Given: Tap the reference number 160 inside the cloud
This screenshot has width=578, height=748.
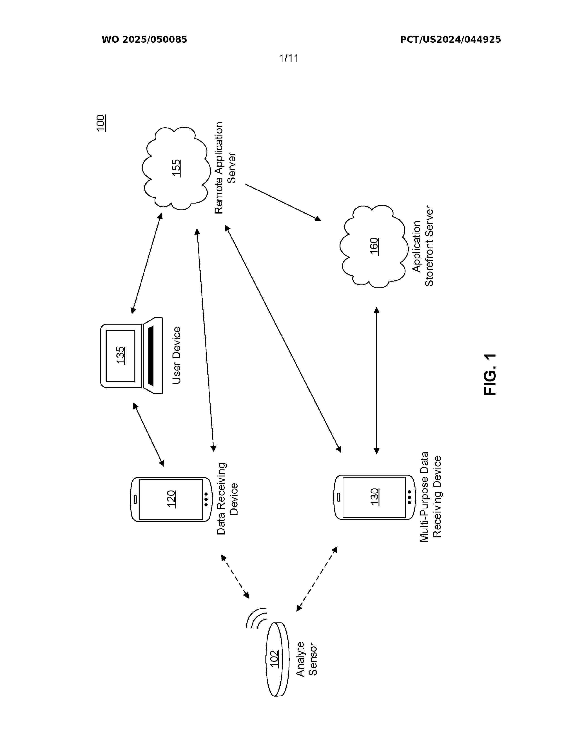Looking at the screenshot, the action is (374, 246).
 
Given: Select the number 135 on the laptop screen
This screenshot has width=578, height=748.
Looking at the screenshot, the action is (121, 355).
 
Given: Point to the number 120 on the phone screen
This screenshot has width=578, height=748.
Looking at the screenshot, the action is (171, 499).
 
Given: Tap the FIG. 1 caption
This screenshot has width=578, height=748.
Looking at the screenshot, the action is (490, 375).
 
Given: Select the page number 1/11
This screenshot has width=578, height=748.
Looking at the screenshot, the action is (289, 58).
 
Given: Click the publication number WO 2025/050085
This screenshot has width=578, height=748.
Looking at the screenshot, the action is (144, 40).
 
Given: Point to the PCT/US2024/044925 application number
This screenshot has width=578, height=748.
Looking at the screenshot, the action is (450, 40).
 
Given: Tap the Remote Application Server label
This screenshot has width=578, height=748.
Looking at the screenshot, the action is (225, 168).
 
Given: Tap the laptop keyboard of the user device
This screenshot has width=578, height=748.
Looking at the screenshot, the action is (153, 355).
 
